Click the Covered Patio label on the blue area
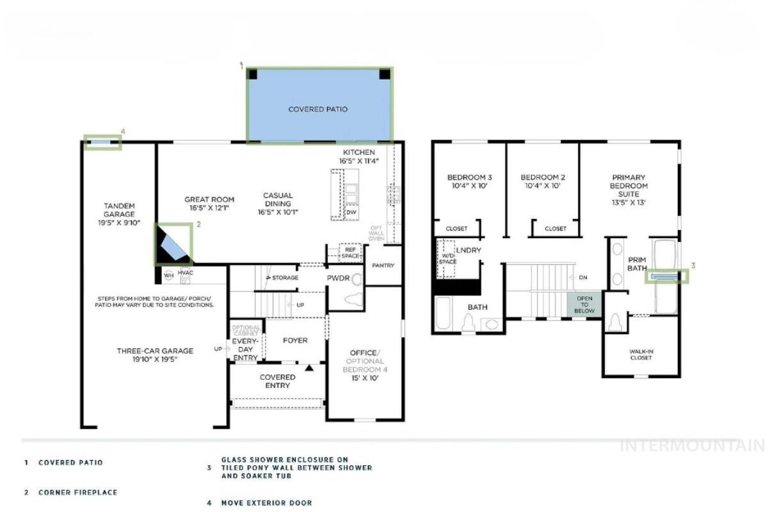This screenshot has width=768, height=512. (x=318, y=109)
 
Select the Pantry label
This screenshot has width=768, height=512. (x=383, y=266)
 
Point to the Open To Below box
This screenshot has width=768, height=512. (x=584, y=305)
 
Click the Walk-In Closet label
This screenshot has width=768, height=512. (x=641, y=355)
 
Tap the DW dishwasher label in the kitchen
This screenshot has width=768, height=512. (x=351, y=212)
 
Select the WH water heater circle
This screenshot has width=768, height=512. (x=169, y=275)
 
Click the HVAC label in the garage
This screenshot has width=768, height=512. (x=185, y=273)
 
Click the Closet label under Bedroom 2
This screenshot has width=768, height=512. (x=555, y=228)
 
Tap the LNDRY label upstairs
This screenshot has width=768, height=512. (x=468, y=250)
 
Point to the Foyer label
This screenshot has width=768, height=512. (x=295, y=340)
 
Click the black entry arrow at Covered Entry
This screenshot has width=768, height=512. (x=309, y=368)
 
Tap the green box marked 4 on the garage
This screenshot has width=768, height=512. (x=102, y=143)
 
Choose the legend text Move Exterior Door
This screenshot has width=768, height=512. (x=267, y=503)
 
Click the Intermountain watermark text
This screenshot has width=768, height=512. (x=692, y=445)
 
